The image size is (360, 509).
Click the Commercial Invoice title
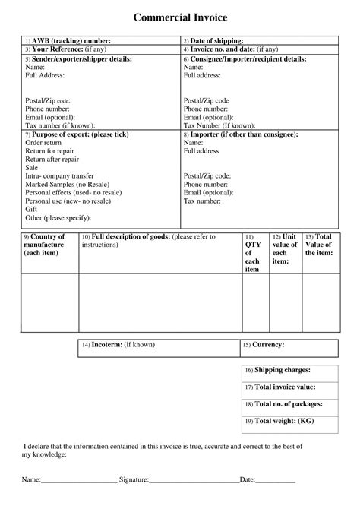coord(180,16)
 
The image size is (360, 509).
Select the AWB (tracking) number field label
coord(71,40)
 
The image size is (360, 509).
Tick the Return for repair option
coord(49,151)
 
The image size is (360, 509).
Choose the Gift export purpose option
coord(31,209)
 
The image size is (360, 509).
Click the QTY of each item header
coord(252,253)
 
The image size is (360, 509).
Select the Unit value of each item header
coord(285,248)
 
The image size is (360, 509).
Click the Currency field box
coord(286,345)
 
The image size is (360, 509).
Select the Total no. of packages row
coord(286,403)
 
